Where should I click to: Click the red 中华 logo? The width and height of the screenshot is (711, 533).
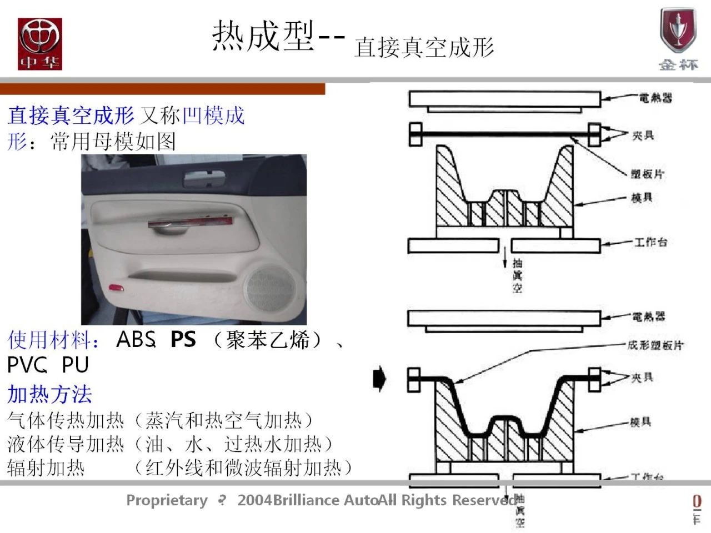(39, 44)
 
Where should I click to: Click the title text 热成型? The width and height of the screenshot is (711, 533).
(263, 36)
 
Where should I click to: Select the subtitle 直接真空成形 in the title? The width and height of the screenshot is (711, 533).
(424, 47)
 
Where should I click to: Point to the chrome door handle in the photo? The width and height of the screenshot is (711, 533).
(189, 223)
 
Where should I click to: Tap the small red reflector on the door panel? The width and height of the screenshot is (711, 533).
(117, 287)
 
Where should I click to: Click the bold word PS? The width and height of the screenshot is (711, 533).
(183, 339)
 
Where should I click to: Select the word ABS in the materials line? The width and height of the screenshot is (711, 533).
(134, 339)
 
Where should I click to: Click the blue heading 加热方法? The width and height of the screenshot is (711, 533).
(50, 394)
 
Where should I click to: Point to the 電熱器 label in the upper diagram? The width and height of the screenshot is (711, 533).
(655, 98)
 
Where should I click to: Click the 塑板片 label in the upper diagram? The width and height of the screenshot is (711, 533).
(648, 174)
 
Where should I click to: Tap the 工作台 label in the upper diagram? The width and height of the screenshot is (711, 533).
(650, 242)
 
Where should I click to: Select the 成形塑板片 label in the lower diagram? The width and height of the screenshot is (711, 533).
(655, 345)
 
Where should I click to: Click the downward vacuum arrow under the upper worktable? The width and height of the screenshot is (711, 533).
(505, 258)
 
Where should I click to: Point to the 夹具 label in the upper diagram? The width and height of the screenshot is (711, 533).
(643, 135)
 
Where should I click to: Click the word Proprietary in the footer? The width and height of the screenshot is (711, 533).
(167, 500)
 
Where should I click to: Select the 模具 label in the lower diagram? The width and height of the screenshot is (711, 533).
(640, 423)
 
